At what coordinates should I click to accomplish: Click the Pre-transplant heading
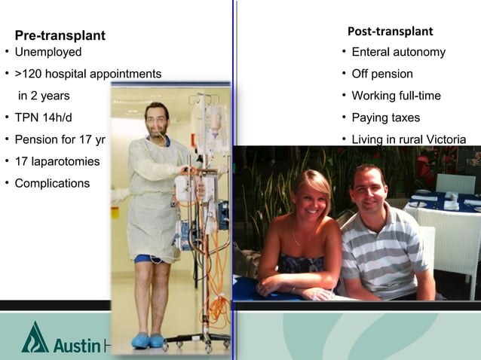tap(60, 36)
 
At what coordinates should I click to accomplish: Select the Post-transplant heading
tap(390, 32)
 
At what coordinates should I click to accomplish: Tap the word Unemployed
tap(47, 53)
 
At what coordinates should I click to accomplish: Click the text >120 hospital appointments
tap(87, 74)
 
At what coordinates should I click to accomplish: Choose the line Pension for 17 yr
tap(60, 139)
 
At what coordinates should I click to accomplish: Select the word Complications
tap(52, 183)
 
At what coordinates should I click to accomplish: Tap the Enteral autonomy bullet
tap(398, 53)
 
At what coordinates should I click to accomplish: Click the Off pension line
tap(381, 74)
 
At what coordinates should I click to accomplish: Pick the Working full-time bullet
tap(396, 96)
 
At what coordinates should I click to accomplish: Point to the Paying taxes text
tap(385, 117)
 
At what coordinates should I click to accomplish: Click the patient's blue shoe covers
tap(149, 340)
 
